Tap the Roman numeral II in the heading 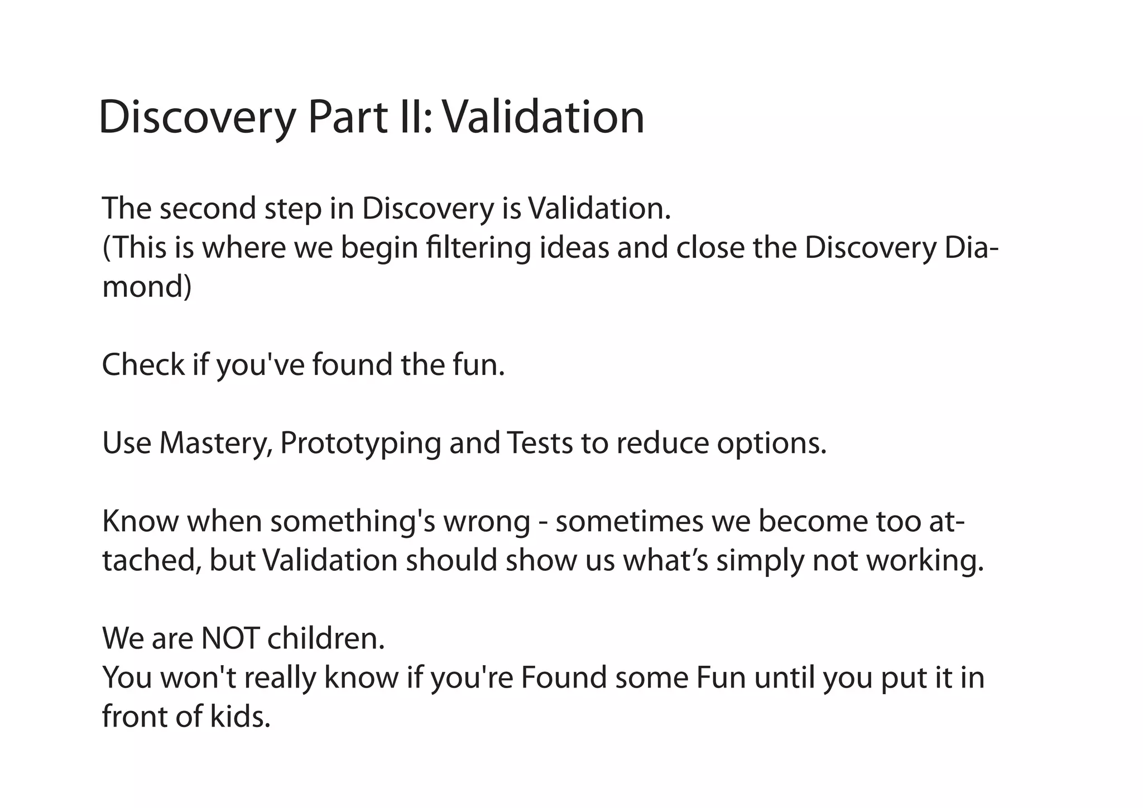tap(416, 118)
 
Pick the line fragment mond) tap(147, 287)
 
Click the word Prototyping tap(360, 444)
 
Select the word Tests tap(540, 444)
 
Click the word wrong tap(487, 522)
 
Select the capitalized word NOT tap(229, 639)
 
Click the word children tap(326, 639)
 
